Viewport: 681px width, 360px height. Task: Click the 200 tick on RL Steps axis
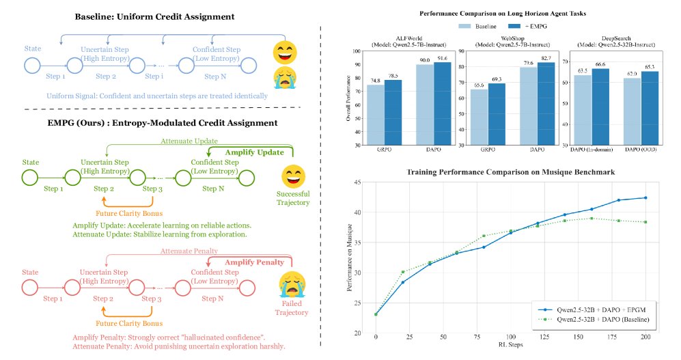pos(644,338)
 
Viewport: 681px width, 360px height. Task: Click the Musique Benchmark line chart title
pos(510,171)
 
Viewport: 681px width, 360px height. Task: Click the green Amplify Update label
pos(255,152)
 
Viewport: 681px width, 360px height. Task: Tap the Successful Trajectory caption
pos(293,197)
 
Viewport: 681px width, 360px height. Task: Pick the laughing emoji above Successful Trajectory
pos(292,175)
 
